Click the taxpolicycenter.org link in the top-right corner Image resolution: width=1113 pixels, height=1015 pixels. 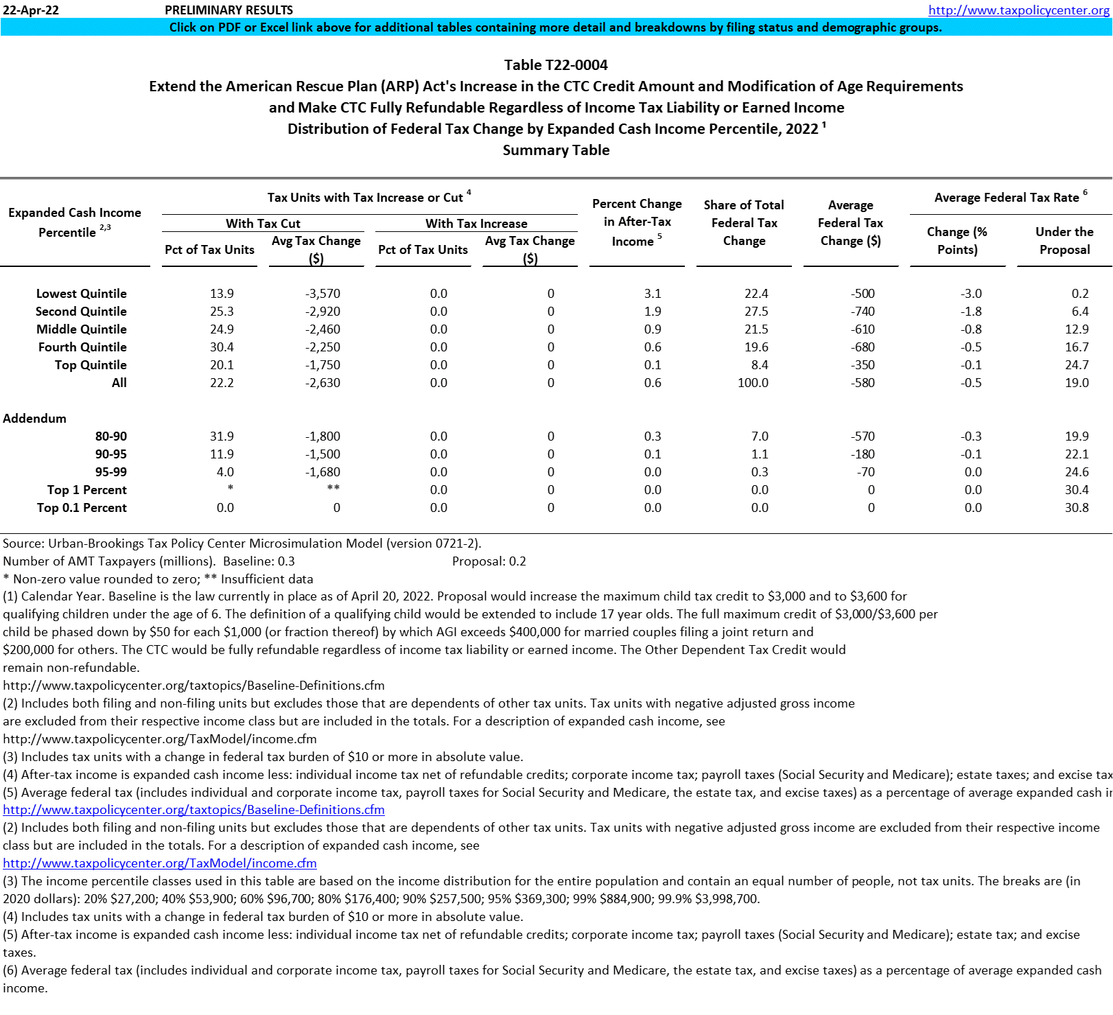tap(1018, 10)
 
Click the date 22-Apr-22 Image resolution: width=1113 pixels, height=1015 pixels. tap(31, 10)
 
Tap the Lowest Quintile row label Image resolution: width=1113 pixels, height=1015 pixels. tap(81, 294)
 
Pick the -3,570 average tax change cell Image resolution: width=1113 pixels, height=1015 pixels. tap(323, 294)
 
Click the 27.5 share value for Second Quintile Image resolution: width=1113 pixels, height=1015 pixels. tap(756, 312)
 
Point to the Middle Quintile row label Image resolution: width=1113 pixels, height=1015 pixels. tap(81, 329)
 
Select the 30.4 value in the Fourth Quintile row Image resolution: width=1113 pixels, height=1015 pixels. tap(222, 347)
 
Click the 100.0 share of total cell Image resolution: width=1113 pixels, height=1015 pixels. tap(753, 383)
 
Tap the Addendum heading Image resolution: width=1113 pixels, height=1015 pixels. tap(35, 419)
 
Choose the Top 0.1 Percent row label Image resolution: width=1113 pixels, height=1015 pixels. tap(82, 508)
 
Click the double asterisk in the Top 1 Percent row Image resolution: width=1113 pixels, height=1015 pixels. tap(333, 489)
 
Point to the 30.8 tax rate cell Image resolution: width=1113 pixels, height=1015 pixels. tap(1077, 508)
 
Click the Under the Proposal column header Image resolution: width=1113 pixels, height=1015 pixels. tap(1064, 241)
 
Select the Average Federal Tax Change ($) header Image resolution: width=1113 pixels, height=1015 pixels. tap(850, 223)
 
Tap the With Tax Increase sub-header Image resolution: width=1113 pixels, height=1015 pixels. tap(476, 224)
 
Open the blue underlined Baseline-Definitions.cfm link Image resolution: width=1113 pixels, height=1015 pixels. tap(194, 810)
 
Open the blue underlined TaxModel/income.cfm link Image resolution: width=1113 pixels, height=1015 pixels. tap(160, 863)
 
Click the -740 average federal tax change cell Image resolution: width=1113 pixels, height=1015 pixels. tap(863, 312)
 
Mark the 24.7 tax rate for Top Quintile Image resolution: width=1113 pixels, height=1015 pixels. tap(1077, 365)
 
